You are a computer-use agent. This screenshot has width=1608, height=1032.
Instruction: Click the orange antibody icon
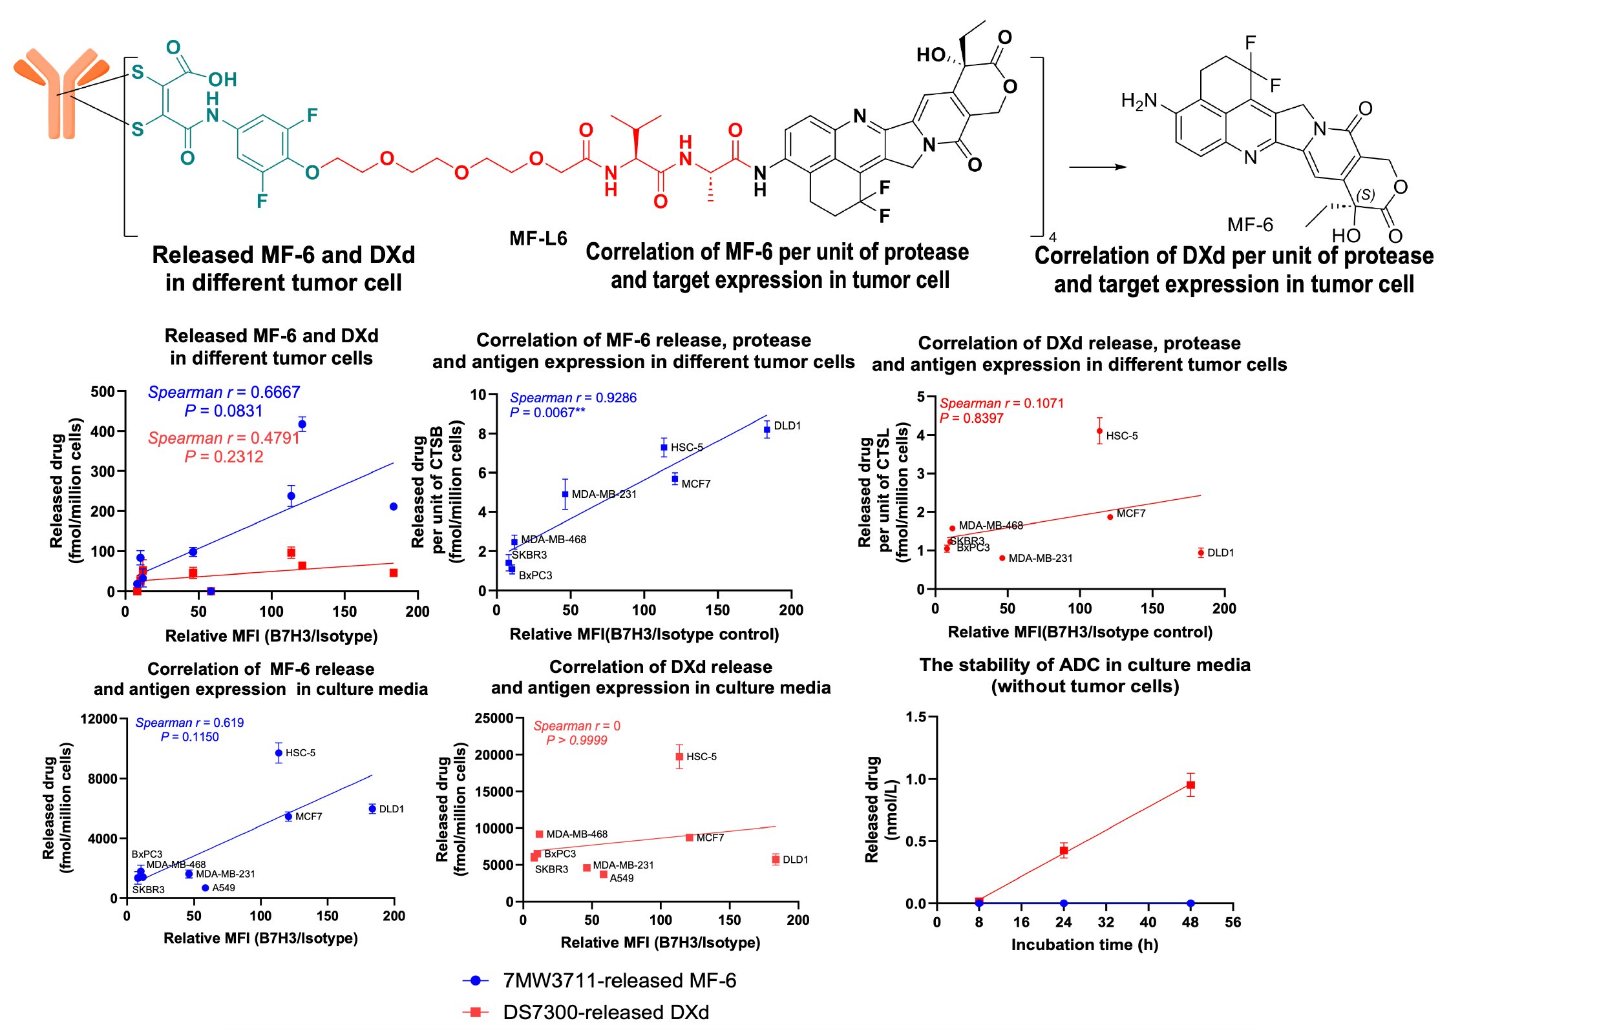[61, 90]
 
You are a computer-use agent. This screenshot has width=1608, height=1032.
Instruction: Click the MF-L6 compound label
[538, 238]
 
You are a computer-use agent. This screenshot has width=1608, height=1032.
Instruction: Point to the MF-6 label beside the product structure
[1249, 225]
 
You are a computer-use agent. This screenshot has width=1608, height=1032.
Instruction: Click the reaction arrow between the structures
[1097, 167]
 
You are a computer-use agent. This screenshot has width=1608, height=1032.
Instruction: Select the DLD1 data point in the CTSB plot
[767, 429]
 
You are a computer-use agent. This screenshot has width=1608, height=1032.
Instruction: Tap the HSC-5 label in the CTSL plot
[1121, 435]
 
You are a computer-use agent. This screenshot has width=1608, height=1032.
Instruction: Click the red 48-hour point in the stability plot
[1190, 785]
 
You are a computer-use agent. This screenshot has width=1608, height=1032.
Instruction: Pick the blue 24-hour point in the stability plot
[1064, 903]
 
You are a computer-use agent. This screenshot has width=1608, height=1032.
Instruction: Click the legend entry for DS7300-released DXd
[606, 1012]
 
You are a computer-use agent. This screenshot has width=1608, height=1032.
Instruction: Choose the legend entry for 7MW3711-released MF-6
[619, 980]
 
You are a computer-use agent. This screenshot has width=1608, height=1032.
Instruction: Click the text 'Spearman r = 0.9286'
[573, 397]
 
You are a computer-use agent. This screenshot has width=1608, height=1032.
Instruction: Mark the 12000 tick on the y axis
[99, 719]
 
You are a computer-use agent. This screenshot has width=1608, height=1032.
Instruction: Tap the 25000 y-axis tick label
[494, 718]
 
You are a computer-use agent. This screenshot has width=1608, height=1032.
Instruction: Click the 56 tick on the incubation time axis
[1232, 922]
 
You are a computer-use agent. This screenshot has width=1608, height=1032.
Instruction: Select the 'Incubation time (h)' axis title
[1084, 944]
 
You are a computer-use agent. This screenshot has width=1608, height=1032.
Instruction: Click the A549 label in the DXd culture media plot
[621, 878]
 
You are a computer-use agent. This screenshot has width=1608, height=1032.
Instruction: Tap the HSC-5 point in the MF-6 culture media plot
[279, 752]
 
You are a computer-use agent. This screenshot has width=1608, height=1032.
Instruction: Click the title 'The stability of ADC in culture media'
[1084, 665]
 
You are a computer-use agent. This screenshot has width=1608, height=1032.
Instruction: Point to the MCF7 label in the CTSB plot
[695, 484]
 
